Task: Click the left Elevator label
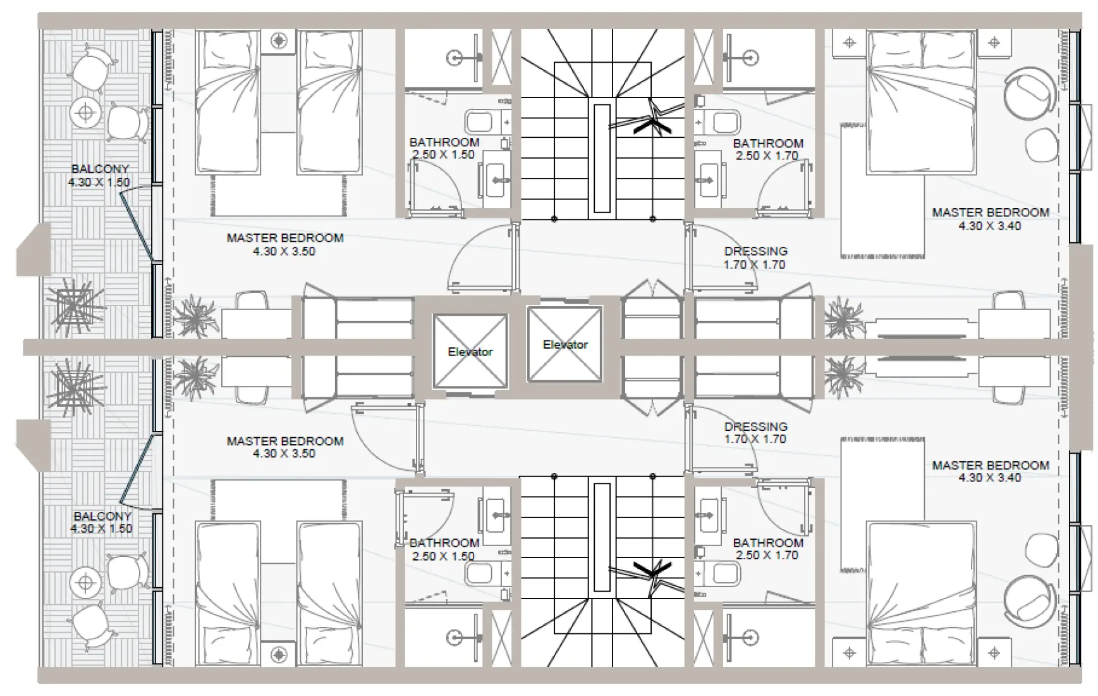pyautogui.click(x=470, y=352)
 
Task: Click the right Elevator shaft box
pyautogui.click(x=564, y=344)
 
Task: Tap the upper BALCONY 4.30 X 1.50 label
pyautogui.click(x=100, y=175)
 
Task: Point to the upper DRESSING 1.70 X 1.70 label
pyautogui.click(x=755, y=258)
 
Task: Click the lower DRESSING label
pyautogui.click(x=755, y=432)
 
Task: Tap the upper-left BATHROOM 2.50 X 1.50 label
pyautogui.click(x=444, y=148)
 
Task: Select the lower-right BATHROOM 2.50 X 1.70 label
pyautogui.click(x=767, y=549)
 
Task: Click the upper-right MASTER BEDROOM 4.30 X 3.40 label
pyautogui.click(x=990, y=219)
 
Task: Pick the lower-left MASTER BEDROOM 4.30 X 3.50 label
pyautogui.click(x=284, y=447)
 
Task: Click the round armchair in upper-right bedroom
pyautogui.click(x=1029, y=92)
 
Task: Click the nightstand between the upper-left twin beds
pyautogui.click(x=279, y=41)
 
